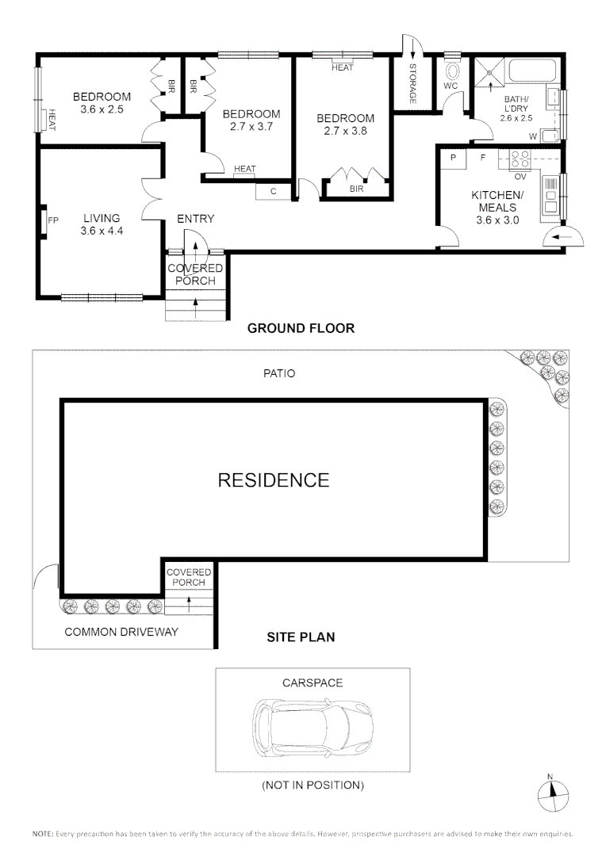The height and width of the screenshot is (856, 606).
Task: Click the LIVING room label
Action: [x=102, y=218]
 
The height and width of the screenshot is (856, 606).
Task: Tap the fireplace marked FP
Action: [x=43, y=220]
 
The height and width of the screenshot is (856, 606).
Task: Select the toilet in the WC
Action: [x=452, y=72]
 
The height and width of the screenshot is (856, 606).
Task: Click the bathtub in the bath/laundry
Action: [x=532, y=71]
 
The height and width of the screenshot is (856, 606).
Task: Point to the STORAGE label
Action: [x=412, y=83]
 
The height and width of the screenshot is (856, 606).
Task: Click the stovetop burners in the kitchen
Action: [x=519, y=160]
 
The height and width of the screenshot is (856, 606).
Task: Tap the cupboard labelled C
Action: [x=273, y=192]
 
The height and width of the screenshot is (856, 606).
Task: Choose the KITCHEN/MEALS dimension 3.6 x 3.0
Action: [x=497, y=220]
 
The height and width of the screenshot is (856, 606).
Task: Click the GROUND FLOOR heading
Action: [x=301, y=328]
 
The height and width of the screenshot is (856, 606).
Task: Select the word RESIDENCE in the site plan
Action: [x=274, y=480]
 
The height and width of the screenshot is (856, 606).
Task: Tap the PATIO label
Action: [x=279, y=373]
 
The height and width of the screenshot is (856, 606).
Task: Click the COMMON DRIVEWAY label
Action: [x=121, y=632]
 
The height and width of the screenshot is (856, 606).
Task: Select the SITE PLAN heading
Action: [x=301, y=637]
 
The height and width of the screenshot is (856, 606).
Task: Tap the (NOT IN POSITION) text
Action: [x=313, y=785]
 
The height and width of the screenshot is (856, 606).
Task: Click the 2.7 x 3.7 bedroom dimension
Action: [x=251, y=127]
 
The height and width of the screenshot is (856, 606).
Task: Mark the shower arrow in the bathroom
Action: [x=490, y=86]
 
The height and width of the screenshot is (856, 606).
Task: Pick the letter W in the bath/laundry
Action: [x=533, y=136]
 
